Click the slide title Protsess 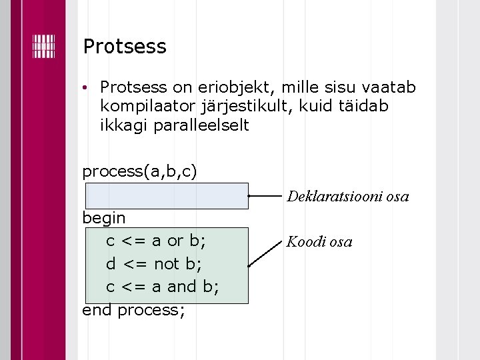tap(124, 47)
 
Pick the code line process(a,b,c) tap(139, 171)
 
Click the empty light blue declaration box tap(166, 196)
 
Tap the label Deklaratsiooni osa tap(347, 197)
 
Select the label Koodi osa tap(319, 241)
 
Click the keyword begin tap(103, 217)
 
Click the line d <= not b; tap(153, 263)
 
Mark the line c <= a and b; tap(163, 287)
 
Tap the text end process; tap(133, 310)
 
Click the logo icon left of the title tap(43, 45)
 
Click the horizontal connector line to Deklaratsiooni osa tap(267, 197)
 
